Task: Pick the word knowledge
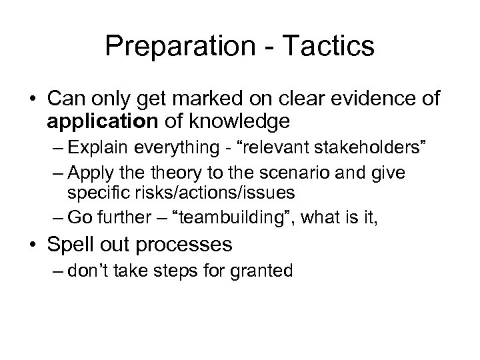tap(224, 123)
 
